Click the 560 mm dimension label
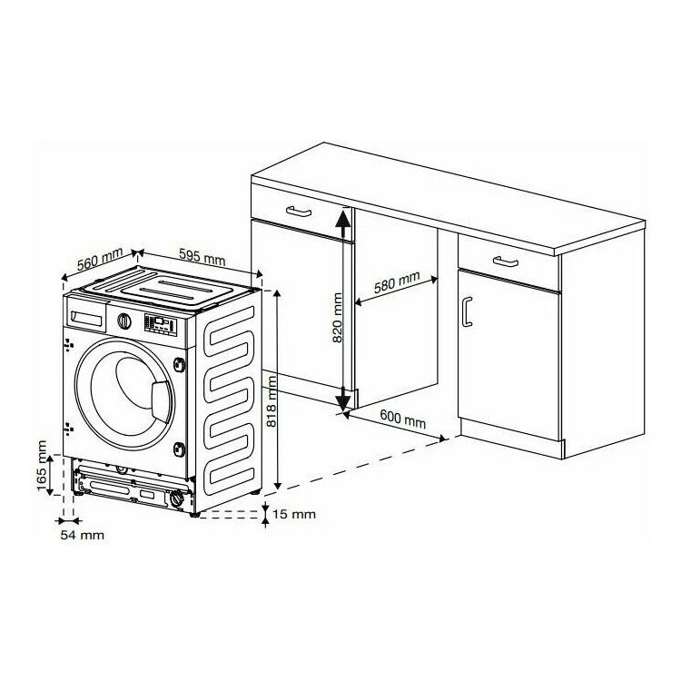click(x=100, y=260)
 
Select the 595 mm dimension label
click(x=202, y=257)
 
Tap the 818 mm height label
click(x=271, y=401)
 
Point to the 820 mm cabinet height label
click(x=338, y=318)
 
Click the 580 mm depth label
click(x=397, y=281)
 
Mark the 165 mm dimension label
click(x=42, y=466)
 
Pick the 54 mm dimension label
click(x=82, y=535)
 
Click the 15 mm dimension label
click(x=294, y=514)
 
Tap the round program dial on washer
click(x=124, y=321)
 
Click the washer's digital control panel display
click(x=161, y=324)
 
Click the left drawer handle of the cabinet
click(x=299, y=212)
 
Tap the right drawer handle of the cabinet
click(x=506, y=262)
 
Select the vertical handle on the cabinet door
click(x=467, y=311)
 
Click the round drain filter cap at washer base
click(x=177, y=498)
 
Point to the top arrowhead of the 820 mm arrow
click(x=342, y=217)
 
